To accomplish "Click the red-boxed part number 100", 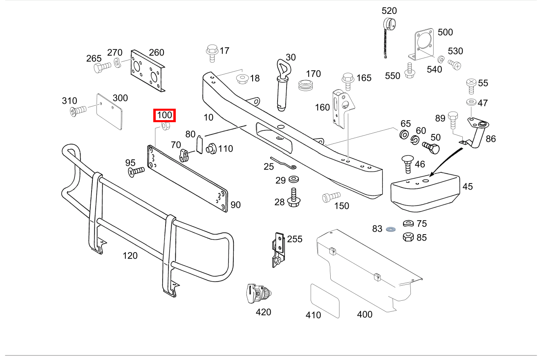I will tap(164, 116).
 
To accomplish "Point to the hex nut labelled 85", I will tap(408, 237).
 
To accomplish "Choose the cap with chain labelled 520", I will tap(388, 29).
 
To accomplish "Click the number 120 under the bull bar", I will tap(130, 256).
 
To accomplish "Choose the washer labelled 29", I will tap(293, 179).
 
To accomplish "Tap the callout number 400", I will tap(365, 314).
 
